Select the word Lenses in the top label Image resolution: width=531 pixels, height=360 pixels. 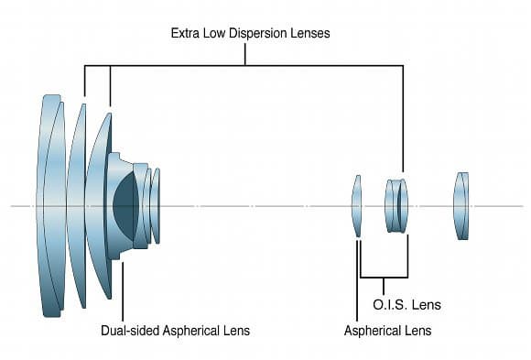309,33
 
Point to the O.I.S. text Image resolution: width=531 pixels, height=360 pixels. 390,304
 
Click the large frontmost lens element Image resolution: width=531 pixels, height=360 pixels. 50,206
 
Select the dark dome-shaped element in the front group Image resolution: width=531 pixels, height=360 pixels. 125,206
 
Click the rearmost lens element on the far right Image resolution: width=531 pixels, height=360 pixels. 461,206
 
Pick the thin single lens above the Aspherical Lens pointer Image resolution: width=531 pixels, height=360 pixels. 357,206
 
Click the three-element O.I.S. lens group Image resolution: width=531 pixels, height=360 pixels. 396,206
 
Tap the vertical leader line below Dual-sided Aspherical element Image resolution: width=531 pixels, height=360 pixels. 123,291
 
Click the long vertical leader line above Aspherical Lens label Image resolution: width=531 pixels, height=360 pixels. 357,280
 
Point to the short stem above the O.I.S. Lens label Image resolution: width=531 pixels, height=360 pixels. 384,286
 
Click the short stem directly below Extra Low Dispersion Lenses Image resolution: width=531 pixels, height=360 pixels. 244,54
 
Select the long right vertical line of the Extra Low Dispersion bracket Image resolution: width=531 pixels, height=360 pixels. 403,119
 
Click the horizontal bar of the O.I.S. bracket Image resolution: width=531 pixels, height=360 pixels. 384,278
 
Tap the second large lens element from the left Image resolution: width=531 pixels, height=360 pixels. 77,206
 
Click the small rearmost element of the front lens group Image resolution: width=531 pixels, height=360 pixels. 155,206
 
